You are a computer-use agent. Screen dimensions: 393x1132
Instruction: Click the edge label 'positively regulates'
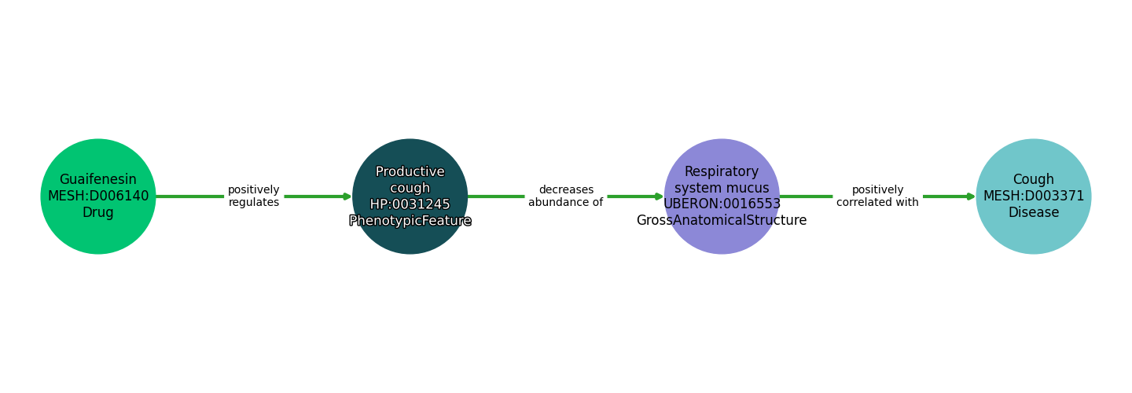coord(253,196)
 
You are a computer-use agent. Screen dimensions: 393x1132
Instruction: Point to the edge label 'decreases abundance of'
coord(565,196)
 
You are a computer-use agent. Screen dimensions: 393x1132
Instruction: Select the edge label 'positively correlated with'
coord(877,196)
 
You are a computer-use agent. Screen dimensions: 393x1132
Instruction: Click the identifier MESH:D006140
coord(98,196)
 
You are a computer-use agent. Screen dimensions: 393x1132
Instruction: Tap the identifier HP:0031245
coord(410,204)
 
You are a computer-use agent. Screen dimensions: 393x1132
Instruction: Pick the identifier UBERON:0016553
coord(722,204)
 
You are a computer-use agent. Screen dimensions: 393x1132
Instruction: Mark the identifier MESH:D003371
coord(1033,196)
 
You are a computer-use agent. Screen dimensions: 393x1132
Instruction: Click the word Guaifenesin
coord(98,180)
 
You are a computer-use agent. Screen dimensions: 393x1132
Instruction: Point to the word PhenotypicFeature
coord(410,221)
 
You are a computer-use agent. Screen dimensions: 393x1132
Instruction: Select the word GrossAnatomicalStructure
coord(722,221)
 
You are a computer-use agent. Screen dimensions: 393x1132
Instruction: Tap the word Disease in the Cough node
coord(1033,213)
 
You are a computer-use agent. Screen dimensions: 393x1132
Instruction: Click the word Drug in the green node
coord(98,213)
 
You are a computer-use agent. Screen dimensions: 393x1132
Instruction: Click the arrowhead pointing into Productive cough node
coord(347,196)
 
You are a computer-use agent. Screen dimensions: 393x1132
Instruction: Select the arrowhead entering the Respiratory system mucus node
coord(659,196)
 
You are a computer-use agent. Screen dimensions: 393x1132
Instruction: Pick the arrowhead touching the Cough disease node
coord(971,196)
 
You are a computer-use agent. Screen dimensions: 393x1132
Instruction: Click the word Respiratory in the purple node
coord(722,172)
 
